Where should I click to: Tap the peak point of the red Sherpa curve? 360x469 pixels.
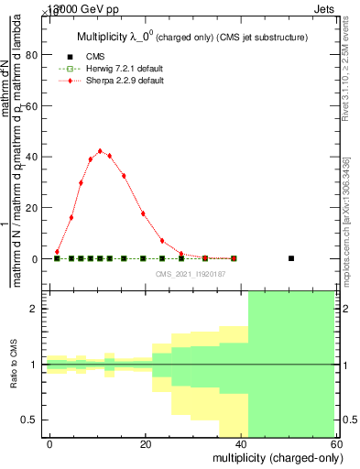pos(100,151)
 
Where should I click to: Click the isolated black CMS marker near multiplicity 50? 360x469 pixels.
pos(291,258)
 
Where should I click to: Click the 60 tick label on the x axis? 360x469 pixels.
pos(336,444)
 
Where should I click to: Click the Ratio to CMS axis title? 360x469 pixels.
pos(14,365)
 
